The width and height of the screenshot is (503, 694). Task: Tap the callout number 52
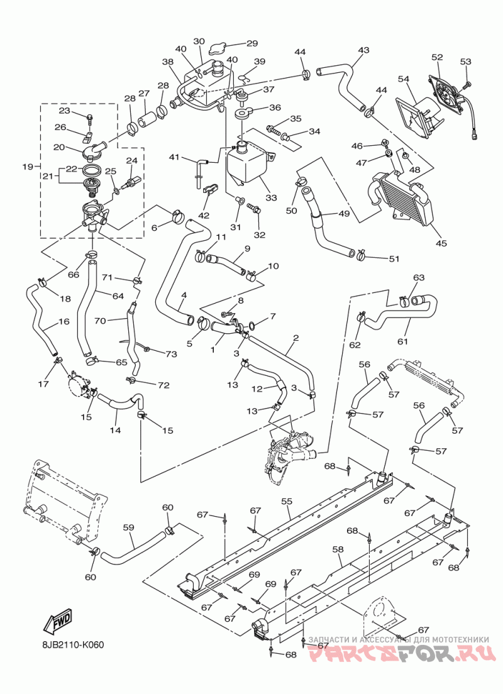click(x=437, y=57)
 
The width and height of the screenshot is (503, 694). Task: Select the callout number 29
click(x=252, y=43)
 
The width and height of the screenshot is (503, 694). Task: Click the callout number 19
click(x=28, y=167)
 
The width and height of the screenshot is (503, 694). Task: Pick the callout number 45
click(x=441, y=243)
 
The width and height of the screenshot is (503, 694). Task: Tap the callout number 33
click(x=271, y=197)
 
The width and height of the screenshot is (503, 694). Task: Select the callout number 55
click(x=287, y=502)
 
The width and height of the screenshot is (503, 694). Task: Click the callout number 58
click(x=338, y=549)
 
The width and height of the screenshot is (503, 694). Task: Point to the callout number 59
click(x=128, y=527)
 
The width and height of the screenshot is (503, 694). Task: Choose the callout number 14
click(x=116, y=430)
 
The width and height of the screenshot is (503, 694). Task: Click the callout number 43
click(x=363, y=50)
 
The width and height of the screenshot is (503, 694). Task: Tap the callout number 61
click(x=402, y=341)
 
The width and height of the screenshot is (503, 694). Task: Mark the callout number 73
click(x=172, y=354)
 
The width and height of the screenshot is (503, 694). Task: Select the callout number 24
click(x=132, y=160)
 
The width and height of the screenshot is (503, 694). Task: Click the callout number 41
click(x=174, y=157)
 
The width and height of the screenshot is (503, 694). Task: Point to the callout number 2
click(x=296, y=338)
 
